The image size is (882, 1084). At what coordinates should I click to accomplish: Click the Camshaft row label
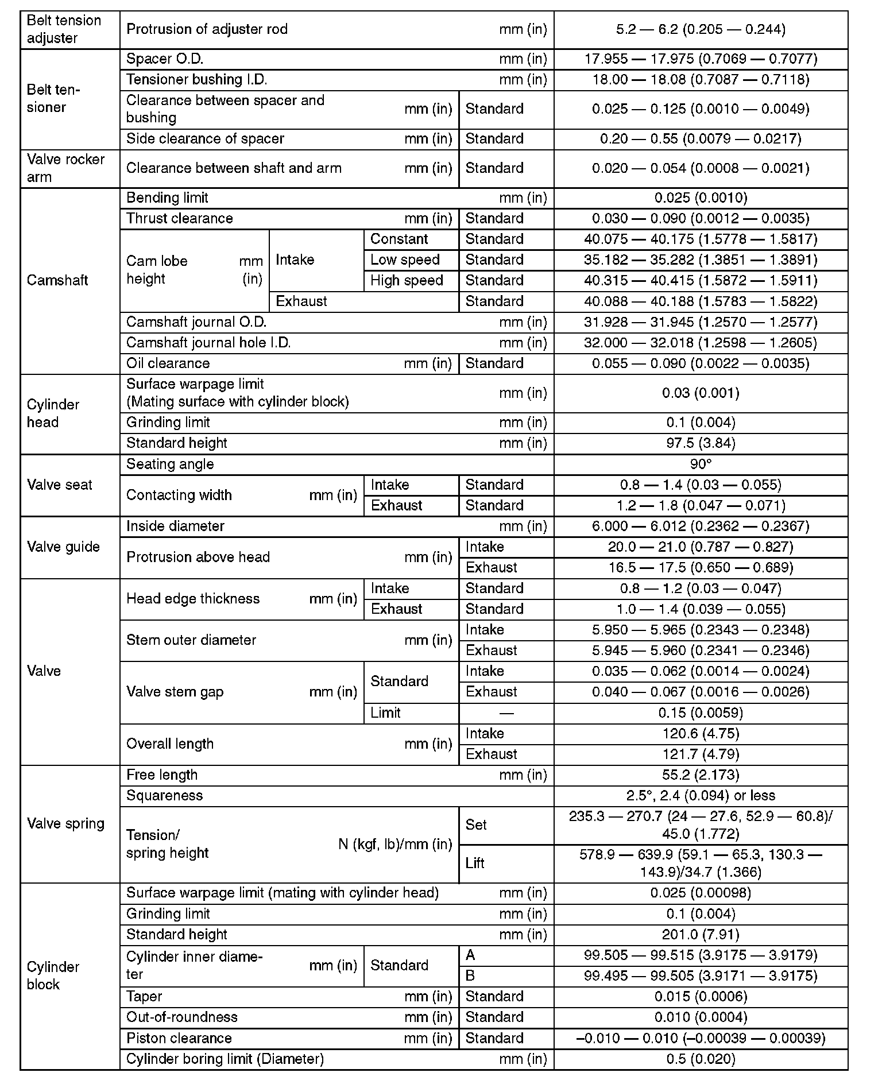(x=57, y=281)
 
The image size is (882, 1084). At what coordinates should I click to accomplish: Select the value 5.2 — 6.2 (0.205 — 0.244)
(x=701, y=29)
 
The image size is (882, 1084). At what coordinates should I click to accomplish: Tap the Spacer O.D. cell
(x=165, y=59)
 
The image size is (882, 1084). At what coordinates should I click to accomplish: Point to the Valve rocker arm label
(x=65, y=168)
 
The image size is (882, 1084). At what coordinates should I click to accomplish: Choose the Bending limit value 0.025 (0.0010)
(x=701, y=198)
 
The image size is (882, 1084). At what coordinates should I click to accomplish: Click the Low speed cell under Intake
(x=405, y=260)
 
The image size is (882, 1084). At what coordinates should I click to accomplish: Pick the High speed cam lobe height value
(x=701, y=281)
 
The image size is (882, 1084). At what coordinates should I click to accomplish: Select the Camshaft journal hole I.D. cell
(x=208, y=343)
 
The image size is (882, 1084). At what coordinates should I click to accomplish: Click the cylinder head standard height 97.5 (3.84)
(x=701, y=443)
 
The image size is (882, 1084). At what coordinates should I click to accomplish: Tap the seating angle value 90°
(x=701, y=464)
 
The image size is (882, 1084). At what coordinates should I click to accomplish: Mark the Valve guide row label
(x=63, y=547)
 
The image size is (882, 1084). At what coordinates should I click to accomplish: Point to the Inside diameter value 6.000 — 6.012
(x=701, y=526)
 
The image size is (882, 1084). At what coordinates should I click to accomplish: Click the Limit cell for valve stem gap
(x=386, y=713)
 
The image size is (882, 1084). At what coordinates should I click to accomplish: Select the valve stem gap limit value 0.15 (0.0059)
(x=701, y=713)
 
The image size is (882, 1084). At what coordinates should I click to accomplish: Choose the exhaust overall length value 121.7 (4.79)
(x=701, y=754)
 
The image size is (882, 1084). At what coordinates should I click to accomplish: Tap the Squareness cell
(x=164, y=796)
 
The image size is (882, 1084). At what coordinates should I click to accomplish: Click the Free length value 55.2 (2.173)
(x=701, y=775)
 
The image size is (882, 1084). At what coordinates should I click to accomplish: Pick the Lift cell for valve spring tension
(x=475, y=864)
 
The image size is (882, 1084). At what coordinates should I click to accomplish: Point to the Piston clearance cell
(x=179, y=1038)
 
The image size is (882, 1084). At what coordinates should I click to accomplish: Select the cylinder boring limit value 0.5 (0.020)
(x=701, y=1059)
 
